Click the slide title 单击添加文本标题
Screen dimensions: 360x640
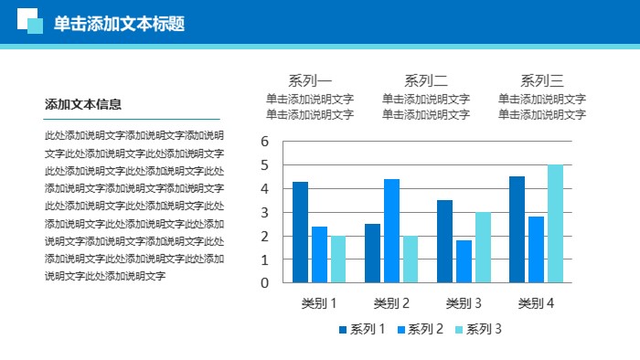point(119,24)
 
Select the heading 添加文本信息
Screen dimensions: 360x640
point(83,104)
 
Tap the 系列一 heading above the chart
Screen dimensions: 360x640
point(310,79)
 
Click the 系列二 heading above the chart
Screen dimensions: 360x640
point(426,79)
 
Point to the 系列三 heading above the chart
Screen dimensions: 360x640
point(542,79)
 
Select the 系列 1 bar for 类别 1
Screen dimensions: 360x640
point(300,231)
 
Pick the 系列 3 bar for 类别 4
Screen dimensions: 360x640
point(555,223)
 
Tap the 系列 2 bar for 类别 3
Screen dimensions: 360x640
point(464,260)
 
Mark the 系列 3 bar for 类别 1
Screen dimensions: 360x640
point(338,259)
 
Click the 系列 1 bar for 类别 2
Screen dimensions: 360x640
point(372,252)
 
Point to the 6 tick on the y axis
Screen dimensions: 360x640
point(264,142)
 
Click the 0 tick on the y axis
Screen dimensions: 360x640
point(264,282)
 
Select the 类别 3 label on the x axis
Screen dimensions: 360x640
point(464,303)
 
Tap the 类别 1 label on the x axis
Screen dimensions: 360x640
point(319,303)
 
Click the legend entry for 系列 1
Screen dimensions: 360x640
point(361,330)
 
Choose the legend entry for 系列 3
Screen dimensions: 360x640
point(478,330)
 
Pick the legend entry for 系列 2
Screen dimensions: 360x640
point(420,330)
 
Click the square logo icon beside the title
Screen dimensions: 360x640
point(30,21)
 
